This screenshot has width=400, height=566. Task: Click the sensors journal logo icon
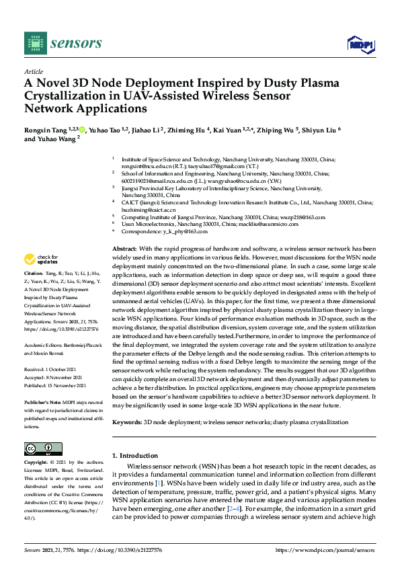(34, 43)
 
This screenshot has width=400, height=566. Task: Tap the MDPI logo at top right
(360, 44)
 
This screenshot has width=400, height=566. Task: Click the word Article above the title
(34, 71)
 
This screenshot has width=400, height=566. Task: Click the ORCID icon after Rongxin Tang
(83, 129)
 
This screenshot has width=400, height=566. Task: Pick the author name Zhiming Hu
(186, 129)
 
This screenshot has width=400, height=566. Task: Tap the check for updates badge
(42, 259)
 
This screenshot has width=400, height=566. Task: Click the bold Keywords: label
(127, 422)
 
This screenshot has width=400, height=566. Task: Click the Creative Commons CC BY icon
(39, 449)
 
